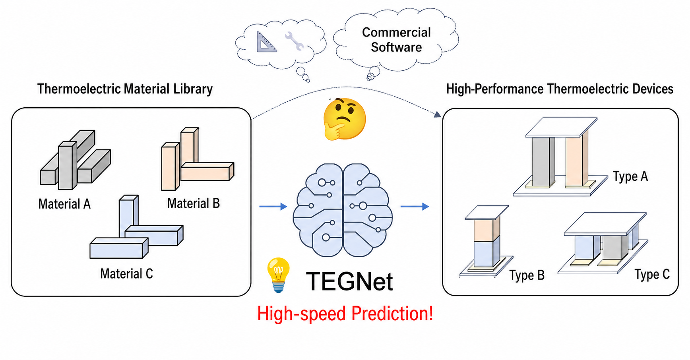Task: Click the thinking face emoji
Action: point(344,119)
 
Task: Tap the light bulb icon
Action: point(279,275)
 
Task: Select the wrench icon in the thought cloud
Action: point(294,41)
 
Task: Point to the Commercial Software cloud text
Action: point(396,40)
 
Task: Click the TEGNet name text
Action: point(349,281)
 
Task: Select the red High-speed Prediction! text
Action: point(345,314)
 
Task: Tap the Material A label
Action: point(64,204)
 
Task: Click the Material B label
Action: point(193,203)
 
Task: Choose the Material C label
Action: point(126,274)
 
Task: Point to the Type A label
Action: point(630,176)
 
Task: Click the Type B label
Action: point(527,275)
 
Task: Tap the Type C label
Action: point(652,274)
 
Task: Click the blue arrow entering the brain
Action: point(273,206)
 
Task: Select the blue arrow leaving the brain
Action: point(415,206)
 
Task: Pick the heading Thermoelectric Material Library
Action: point(125,89)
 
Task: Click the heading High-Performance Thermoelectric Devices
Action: point(560,89)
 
